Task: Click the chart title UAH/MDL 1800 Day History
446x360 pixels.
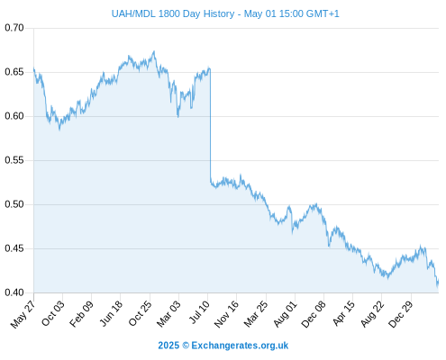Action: (x=173, y=13)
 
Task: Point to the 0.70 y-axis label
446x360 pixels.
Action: (x=14, y=28)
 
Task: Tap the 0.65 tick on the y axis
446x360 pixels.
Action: (x=14, y=72)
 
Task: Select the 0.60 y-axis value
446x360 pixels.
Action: (x=14, y=116)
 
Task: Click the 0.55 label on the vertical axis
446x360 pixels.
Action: (x=14, y=160)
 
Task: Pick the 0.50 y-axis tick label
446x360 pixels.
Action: (x=14, y=204)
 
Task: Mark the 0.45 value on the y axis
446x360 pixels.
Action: (x=14, y=248)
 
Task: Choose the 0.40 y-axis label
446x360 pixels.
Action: (x=14, y=292)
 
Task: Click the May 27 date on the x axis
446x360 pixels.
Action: (x=23, y=314)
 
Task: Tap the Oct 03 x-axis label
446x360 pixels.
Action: (x=53, y=313)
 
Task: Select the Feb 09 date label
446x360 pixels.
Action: (x=81, y=314)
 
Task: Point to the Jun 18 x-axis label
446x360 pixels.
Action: (x=111, y=313)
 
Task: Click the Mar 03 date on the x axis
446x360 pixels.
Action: (x=168, y=314)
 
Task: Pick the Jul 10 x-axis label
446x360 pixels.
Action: (x=199, y=312)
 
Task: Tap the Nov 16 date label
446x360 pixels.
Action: (x=226, y=314)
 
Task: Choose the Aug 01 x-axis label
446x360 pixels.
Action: (x=285, y=314)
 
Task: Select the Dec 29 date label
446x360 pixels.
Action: (x=401, y=314)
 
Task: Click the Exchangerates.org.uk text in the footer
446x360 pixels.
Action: (x=240, y=346)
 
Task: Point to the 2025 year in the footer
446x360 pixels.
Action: (x=168, y=346)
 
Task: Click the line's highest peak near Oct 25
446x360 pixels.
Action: (x=154, y=51)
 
